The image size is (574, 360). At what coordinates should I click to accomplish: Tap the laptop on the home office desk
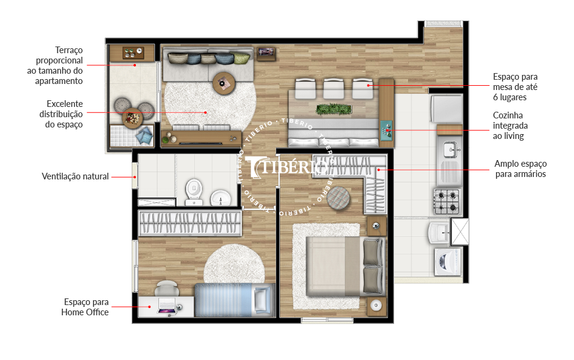167,306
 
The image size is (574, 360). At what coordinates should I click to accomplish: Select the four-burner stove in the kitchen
448,202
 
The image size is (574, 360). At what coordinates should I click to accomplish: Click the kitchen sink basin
450,149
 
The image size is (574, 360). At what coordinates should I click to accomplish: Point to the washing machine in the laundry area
447,262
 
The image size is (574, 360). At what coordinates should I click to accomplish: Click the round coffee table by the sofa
223,83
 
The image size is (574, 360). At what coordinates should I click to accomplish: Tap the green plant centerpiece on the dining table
334,109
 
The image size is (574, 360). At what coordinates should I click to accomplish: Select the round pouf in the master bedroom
338,198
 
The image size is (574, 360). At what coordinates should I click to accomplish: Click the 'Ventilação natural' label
75,176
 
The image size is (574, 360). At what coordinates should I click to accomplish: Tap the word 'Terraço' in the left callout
69,50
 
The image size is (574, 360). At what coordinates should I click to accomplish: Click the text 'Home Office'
85,312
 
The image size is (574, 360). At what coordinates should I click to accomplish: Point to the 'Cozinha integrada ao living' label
511,126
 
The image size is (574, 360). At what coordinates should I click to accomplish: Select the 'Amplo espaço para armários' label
520,169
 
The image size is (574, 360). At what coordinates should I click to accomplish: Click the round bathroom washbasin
221,198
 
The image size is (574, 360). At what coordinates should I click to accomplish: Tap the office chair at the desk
167,288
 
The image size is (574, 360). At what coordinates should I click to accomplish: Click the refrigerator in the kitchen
447,108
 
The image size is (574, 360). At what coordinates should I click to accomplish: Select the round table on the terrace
132,118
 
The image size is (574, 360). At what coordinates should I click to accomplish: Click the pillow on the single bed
262,300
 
